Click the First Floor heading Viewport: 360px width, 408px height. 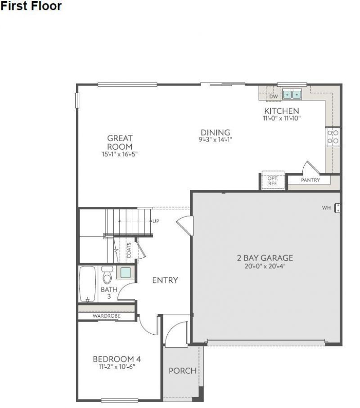tap(31, 7)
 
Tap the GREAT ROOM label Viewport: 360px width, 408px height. tap(120, 143)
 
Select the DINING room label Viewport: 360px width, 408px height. tap(215, 133)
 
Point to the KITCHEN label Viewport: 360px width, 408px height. tap(281, 111)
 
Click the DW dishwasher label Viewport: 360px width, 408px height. tap(273, 96)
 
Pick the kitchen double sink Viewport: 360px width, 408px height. tap(292, 94)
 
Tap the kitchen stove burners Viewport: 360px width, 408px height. tap(333, 136)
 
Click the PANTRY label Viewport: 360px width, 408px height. tap(310, 180)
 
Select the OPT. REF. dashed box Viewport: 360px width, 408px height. tap(273, 180)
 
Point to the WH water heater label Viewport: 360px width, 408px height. tap(326, 208)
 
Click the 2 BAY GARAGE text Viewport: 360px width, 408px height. tap(265, 258)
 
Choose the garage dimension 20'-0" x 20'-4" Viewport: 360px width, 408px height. tap(265, 266)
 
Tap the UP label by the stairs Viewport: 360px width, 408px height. tap(156, 221)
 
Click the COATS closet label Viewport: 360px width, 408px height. tap(129, 251)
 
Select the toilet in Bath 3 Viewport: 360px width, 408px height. tap(107, 275)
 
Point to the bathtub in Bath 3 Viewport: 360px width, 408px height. tap(87, 284)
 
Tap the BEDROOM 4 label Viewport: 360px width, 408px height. tap(117, 359)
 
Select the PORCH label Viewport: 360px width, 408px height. tap(182, 371)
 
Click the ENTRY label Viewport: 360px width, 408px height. tap(165, 280)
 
